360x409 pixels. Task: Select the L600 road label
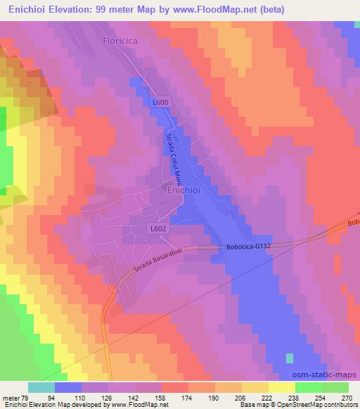click(x=160, y=103)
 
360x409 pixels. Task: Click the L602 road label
click(x=157, y=229)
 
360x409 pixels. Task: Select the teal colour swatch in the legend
click(x=41, y=387)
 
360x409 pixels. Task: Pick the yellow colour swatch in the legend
click(x=281, y=387)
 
